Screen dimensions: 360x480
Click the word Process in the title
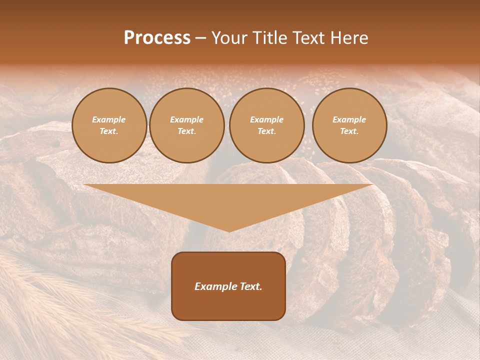pos(157,38)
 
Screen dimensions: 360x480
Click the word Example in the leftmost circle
pos(109,119)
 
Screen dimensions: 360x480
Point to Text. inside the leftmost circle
pos(109,131)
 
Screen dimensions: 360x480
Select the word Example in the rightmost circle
pos(349,119)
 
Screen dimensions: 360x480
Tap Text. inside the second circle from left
pos(186,131)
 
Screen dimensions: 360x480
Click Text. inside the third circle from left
pos(266,131)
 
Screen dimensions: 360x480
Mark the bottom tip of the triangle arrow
pos(228,231)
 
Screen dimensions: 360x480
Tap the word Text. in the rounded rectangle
pos(251,286)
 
